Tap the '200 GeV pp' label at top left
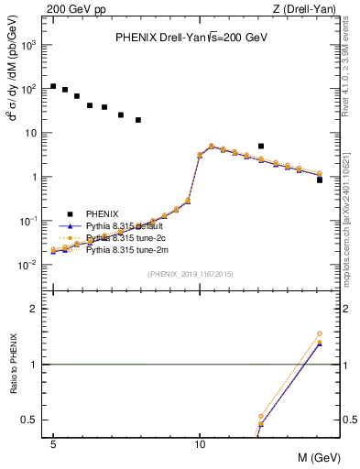pos(71,9)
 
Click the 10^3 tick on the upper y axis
pos(30,45)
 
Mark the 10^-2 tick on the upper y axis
pos(30,265)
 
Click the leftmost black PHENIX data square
pos(53,86)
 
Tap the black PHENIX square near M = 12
pos(261,146)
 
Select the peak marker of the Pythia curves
pos(212,146)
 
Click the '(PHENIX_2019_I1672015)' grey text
pos(191,274)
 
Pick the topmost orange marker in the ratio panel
pos(320,334)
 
